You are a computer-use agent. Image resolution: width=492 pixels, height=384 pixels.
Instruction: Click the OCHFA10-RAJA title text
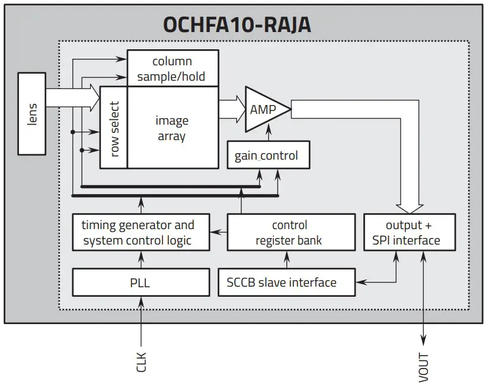pos(237,25)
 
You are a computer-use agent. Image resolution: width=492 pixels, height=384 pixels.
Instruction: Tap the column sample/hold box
pos(172,68)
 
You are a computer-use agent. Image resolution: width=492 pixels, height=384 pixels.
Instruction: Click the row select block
pos(114,128)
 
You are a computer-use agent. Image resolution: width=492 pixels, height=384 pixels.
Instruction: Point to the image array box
pos(172,128)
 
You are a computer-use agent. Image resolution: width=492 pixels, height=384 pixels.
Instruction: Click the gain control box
pos(266,155)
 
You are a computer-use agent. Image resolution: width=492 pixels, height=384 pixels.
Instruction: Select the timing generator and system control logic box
pos(140,233)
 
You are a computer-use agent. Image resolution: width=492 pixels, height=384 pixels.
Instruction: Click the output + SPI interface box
pos(410,233)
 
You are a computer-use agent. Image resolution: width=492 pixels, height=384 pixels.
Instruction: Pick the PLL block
pos(140,282)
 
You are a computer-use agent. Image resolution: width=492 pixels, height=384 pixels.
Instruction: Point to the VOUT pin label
pos(423,366)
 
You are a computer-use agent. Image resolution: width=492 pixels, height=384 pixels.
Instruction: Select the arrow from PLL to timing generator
pos(141,259)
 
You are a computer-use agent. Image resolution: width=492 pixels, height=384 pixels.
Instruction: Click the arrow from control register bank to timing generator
pos(219,233)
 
